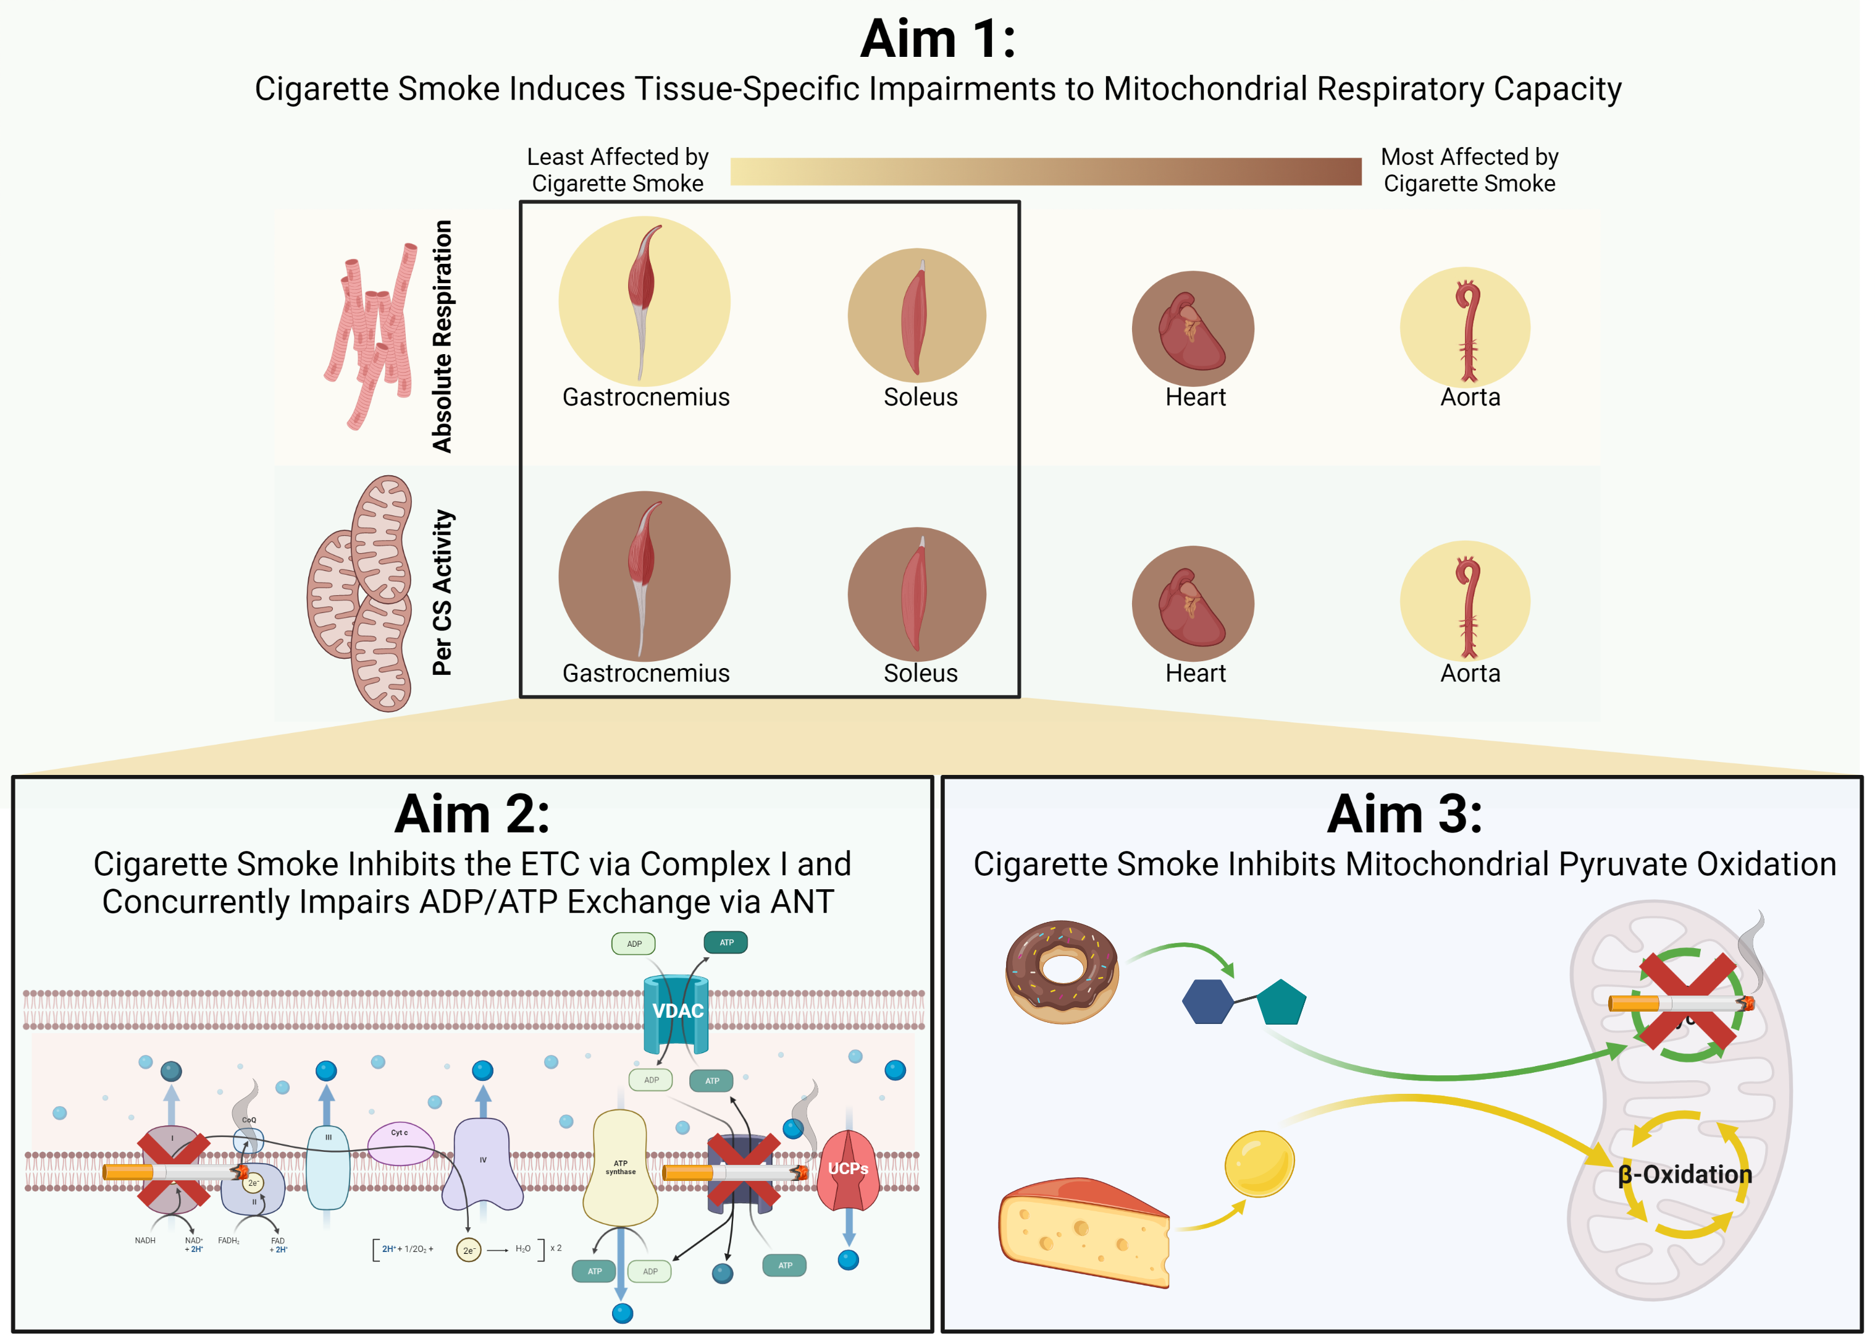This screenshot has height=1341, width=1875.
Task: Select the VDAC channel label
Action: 677,1011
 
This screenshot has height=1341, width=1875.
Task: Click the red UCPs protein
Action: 847,1169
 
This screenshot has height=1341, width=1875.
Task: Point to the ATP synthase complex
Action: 620,1167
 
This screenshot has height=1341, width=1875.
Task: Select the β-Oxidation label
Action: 1684,1174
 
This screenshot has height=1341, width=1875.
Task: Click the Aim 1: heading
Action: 937,39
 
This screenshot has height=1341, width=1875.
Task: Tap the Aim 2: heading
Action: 472,814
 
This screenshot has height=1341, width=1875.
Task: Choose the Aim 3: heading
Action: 1404,814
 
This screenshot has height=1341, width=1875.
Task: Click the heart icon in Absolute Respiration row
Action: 1193,330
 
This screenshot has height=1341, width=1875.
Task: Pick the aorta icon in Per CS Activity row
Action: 1467,605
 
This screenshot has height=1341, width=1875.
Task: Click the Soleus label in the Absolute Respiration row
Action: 920,397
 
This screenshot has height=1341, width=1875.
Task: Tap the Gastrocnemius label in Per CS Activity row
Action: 645,673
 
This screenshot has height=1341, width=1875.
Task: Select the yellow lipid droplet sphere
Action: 1259,1162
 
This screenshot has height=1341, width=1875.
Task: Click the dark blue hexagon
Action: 1207,1002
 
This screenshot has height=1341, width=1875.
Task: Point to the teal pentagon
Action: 1281,1002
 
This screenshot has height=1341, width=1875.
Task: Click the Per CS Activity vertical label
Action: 442,592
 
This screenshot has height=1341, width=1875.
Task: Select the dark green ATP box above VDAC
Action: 726,942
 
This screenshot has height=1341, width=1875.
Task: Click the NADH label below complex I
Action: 145,1240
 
